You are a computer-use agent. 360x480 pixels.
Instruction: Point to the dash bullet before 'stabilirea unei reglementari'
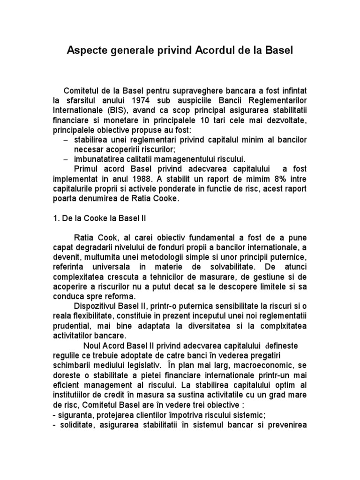point(65,140)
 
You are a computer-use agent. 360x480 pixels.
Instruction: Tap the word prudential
point(73,326)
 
